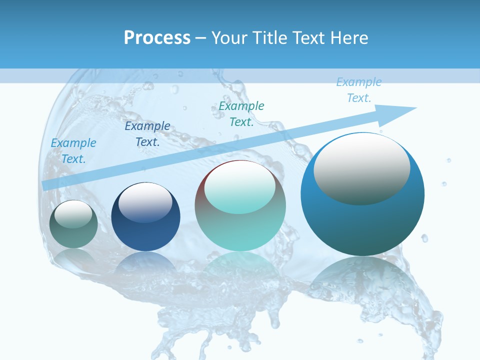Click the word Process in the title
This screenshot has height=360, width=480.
tap(157, 38)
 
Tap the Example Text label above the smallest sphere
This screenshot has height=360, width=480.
tap(73, 151)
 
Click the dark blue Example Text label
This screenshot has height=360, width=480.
tap(147, 133)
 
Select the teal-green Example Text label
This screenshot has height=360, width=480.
tap(241, 113)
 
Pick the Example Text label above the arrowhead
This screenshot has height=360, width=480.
tap(358, 90)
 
